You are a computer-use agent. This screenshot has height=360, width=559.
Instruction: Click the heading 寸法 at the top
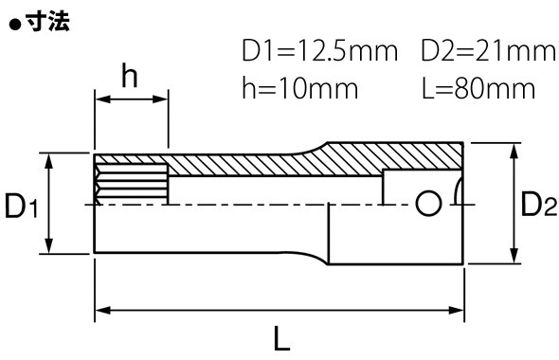coord(48,22)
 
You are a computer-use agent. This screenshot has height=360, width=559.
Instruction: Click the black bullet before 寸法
coord(15,25)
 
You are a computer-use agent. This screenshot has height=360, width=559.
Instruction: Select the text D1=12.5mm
coord(320,51)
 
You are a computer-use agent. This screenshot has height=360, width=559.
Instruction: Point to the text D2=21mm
coord(488,51)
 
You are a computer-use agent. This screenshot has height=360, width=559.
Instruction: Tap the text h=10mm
coord(299,88)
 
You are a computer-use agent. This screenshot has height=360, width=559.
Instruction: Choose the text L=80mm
coord(478,88)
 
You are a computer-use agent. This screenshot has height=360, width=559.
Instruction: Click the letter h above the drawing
coord(130,75)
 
